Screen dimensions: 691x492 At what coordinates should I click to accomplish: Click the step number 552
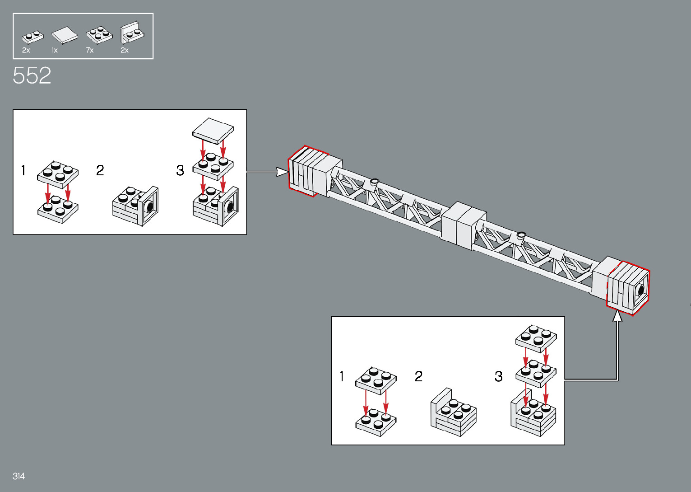(x=32, y=75)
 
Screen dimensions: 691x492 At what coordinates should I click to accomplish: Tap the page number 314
(x=19, y=476)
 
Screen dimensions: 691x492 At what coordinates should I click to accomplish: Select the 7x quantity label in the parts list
(x=90, y=50)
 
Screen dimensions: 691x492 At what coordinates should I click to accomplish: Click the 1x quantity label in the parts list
(x=55, y=50)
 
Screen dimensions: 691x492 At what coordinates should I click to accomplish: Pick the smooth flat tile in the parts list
(x=65, y=35)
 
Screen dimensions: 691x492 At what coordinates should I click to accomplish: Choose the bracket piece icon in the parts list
(x=132, y=33)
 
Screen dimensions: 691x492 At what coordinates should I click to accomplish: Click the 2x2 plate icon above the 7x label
(x=99, y=34)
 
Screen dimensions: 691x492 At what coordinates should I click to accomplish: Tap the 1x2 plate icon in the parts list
(x=32, y=36)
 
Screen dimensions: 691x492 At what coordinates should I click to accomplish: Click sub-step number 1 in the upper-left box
(x=23, y=170)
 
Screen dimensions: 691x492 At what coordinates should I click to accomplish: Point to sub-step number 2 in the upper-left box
(x=100, y=170)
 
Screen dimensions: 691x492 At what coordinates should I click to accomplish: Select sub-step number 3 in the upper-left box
(x=180, y=170)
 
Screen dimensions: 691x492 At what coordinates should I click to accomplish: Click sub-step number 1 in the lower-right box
(x=342, y=376)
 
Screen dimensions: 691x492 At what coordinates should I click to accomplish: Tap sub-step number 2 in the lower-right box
(x=418, y=376)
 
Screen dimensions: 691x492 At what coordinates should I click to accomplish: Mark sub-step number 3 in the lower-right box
(x=498, y=376)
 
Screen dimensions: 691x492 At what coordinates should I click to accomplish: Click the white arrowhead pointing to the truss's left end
(x=283, y=172)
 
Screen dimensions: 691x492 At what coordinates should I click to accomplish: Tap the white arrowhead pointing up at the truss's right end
(x=617, y=316)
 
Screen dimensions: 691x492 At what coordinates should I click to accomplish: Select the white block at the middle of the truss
(x=463, y=224)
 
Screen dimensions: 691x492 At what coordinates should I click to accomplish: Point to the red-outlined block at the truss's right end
(x=628, y=288)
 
